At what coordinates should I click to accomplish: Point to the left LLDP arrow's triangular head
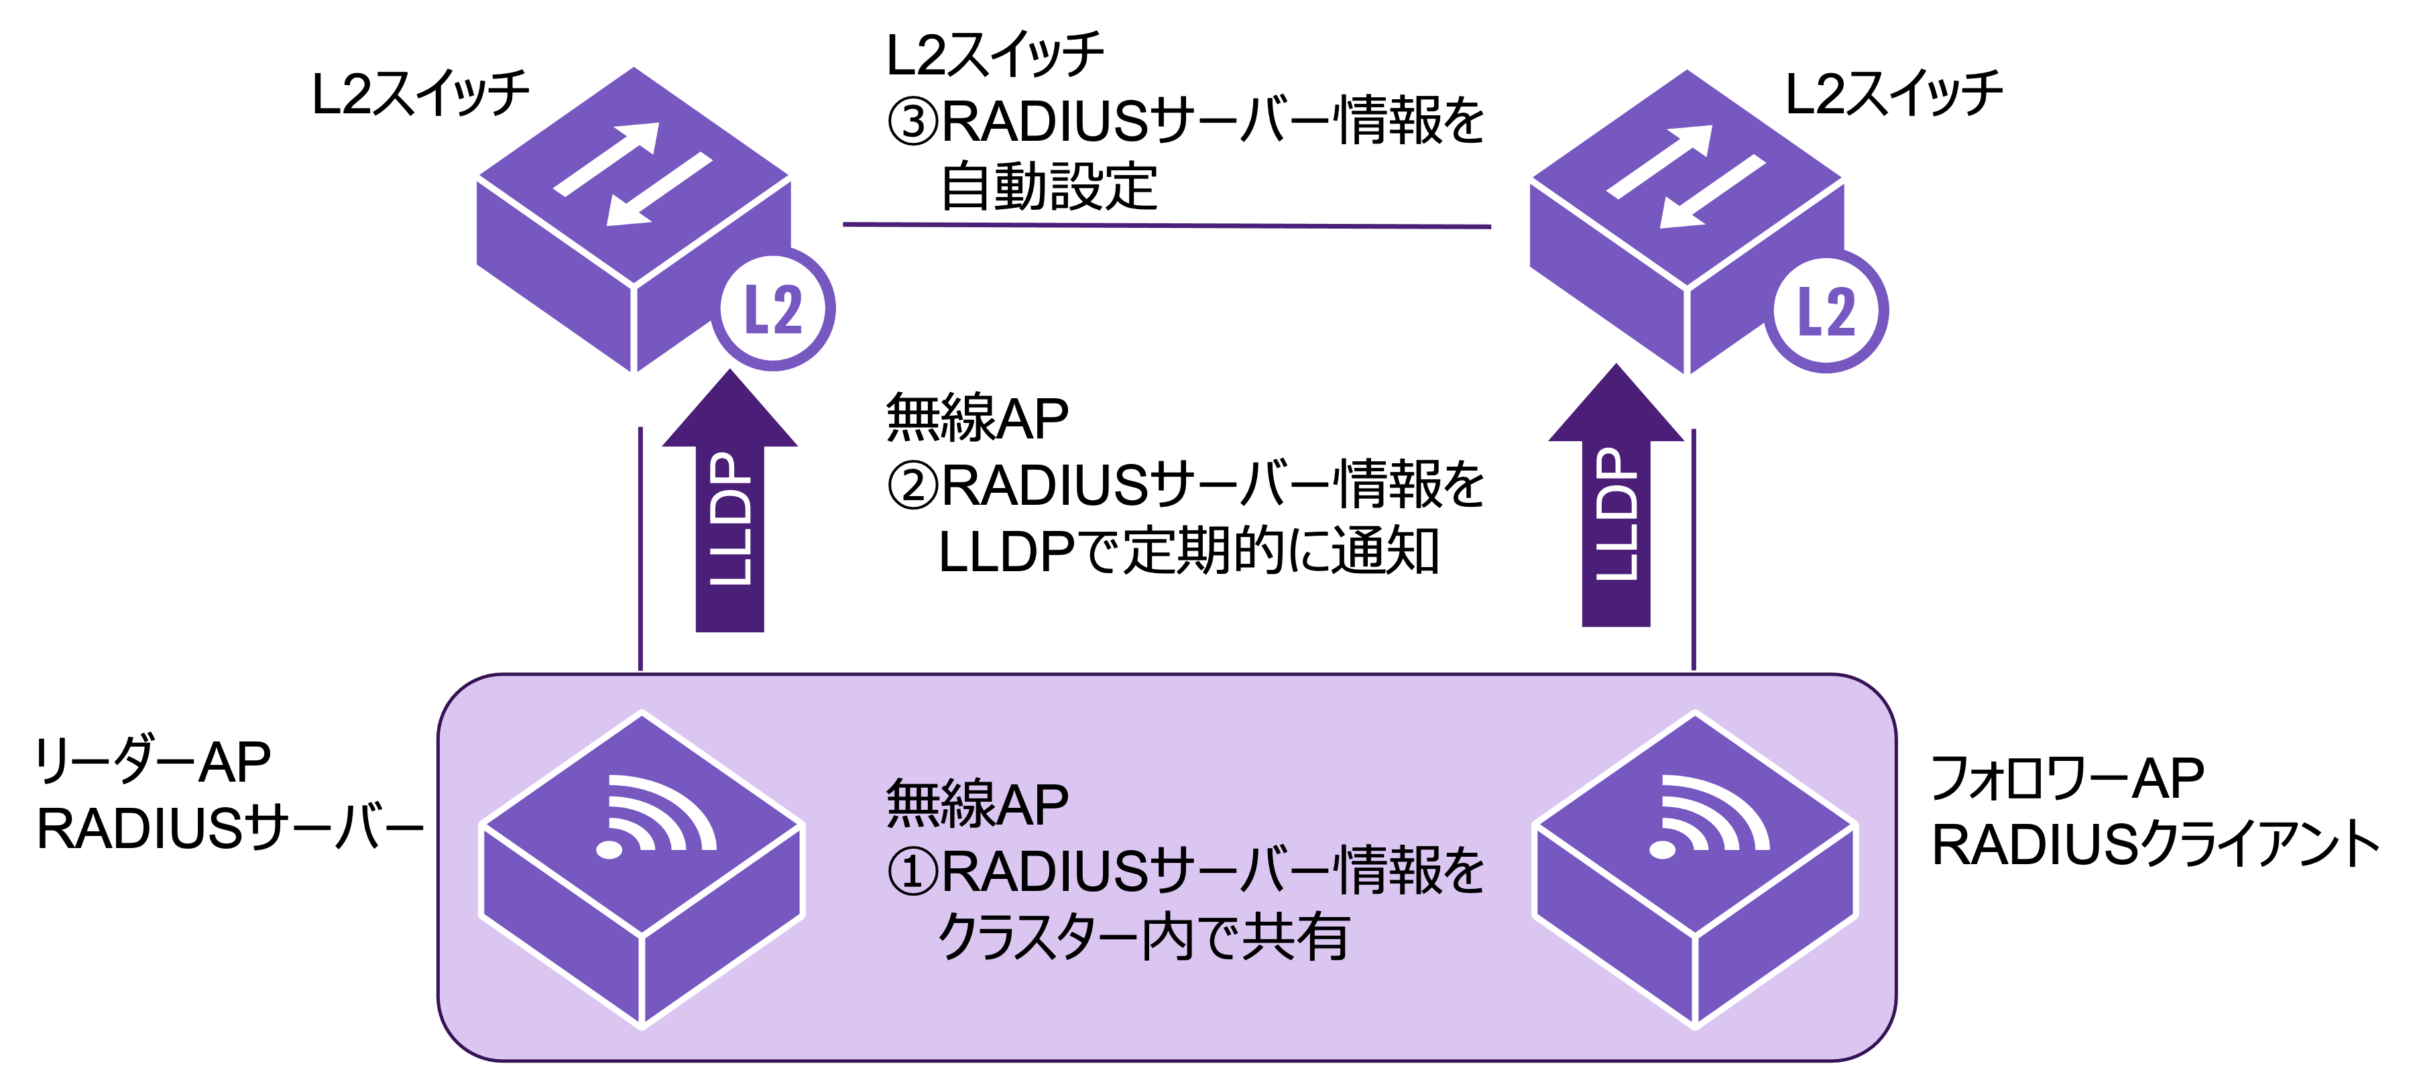[729, 412]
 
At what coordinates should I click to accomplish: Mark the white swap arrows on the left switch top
[633, 175]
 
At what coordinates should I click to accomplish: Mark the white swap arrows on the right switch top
[1686, 176]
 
